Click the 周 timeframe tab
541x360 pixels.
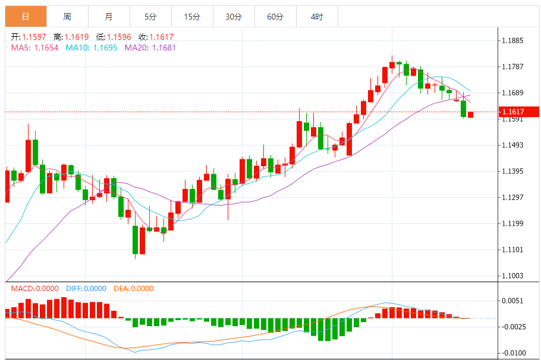point(67,17)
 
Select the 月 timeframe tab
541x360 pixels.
point(108,17)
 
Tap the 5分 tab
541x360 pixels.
point(150,17)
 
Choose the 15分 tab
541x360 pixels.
point(192,17)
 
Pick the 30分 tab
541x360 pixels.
point(234,17)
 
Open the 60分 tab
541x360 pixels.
point(275,17)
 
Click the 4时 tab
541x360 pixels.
point(317,17)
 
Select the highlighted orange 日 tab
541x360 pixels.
point(26,17)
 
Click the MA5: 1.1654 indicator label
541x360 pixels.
point(34,48)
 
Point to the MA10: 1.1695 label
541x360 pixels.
point(91,48)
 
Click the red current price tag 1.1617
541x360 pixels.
point(518,112)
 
